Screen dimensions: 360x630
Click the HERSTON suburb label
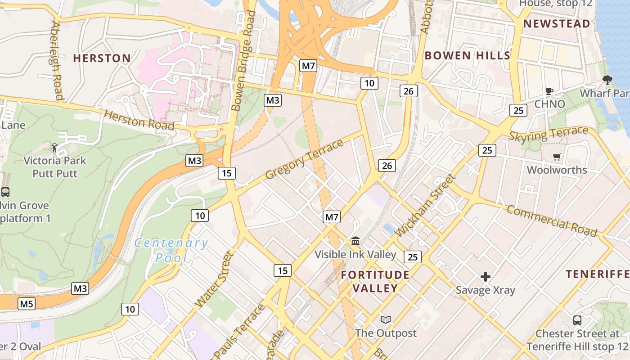click(102, 58)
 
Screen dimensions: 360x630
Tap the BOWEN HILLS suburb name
click(467, 55)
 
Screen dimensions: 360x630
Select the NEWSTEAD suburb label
click(557, 24)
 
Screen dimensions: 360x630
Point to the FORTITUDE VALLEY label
click(375, 281)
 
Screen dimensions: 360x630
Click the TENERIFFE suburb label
click(597, 274)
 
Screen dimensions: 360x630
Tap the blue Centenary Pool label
click(171, 250)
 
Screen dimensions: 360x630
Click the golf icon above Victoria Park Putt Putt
click(54, 147)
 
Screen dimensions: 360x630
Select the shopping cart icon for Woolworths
click(557, 157)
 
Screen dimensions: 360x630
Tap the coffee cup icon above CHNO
click(549, 91)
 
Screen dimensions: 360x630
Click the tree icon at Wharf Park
click(607, 80)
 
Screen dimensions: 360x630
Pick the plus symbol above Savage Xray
click(485, 276)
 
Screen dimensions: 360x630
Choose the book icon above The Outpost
click(386, 319)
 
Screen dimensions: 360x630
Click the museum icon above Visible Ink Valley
click(355, 241)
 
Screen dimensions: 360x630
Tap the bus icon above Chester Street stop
click(577, 320)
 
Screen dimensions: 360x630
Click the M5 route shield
click(27, 304)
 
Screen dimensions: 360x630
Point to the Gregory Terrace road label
click(304, 159)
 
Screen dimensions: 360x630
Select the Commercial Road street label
click(552, 220)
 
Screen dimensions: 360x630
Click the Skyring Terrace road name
click(549, 134)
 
